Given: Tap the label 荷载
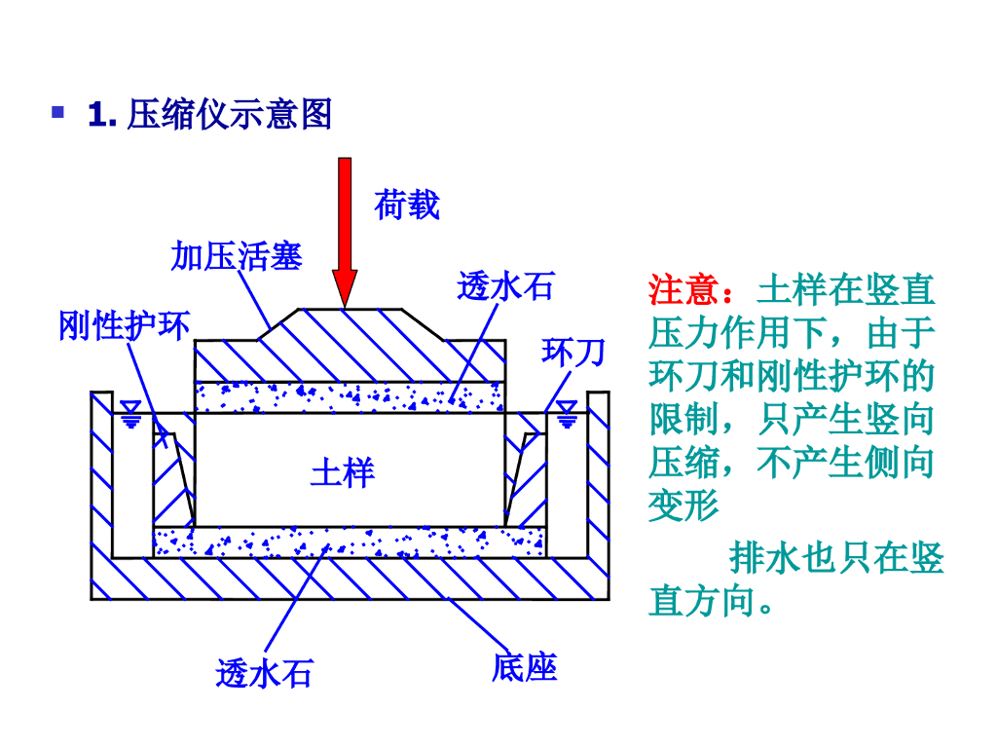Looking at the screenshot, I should [x=407, y=206].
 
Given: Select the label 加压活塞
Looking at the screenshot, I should [x=237, y=256].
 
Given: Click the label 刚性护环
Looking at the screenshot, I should [x=124, y=325].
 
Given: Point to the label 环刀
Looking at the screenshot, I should [x=573, y=352].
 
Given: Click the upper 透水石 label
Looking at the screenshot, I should [x=505, y=286].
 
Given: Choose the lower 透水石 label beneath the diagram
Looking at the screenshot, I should [x=265, y=673].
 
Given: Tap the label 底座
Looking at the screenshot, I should [x=524, y=668].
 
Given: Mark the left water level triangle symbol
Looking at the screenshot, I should [x=130, y=418].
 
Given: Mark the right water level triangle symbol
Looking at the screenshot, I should [x=567, y=418].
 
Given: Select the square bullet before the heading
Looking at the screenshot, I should [x=58, y=113].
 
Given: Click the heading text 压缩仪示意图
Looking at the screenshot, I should [x=230, y=115].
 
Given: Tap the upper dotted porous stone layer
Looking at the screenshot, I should [x=351, y=396].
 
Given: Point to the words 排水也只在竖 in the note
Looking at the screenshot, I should [x=836, y=558].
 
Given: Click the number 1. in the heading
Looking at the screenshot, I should [x=102, y=115].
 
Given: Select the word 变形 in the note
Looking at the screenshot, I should [x=683, y=505].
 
